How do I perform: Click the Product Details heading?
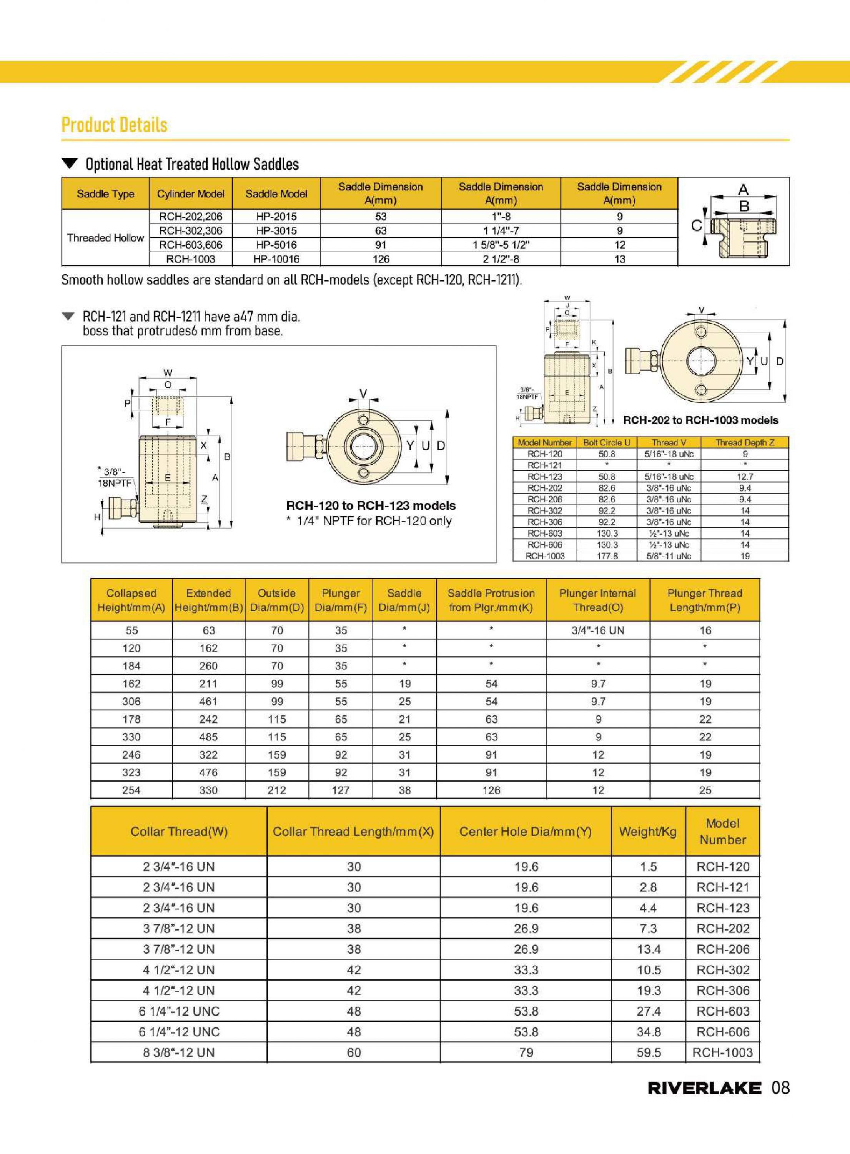pyautogui.click(x=114, y=125)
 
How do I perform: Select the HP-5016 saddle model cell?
pyautogui.click(x=276, y=245)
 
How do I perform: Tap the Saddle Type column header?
pyautogui.click(x=105, y=193)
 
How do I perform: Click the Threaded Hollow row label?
pyautogui.click(x=105, y=238)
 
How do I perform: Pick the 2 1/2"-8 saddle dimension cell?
pyautogui.click(x=501, y=259)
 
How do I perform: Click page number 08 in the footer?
pyautogui.click(x=780, y=1087)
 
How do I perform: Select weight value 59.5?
pyautogui.click(x=648, y=1052)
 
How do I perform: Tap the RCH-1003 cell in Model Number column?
pyautogui.click(x=722, y=1052)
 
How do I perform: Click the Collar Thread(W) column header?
pyautogui.click(x=179, y=832)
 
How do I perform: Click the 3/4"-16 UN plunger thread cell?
pyautogui.click(x=598, y=630)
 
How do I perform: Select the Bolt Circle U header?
pyautogui.click(x=607, y=443)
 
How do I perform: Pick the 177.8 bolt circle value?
pyautogui.click(x=607, y=556)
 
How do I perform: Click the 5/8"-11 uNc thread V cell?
pyautogui.click(x=669, y=556)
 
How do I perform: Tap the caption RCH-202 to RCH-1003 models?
pyautogui.click(x=701, y=420)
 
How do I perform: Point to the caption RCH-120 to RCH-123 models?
pyautogui.click(x=371, y=506)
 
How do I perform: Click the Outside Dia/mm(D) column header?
pyautogui.click(x=277, y=600)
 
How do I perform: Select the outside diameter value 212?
pyautogui.click(x=277, y=790)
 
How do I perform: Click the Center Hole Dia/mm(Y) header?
pyautogui.click(x=525, y=832)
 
